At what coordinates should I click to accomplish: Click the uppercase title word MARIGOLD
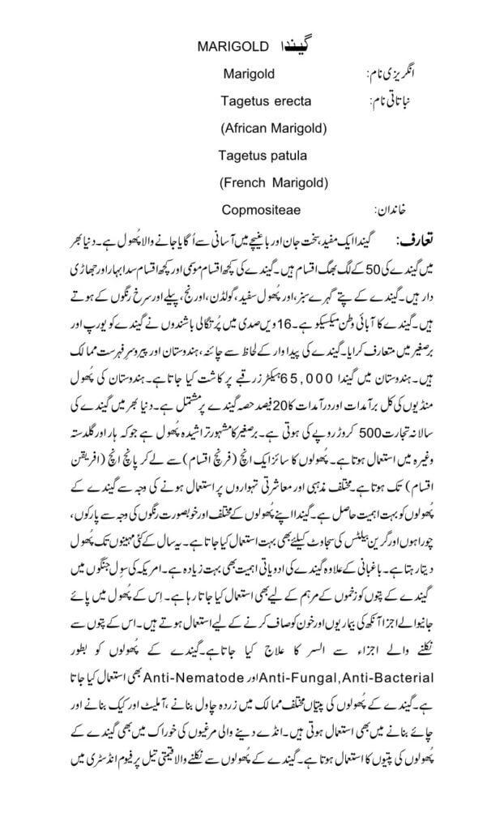click(229, 49)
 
